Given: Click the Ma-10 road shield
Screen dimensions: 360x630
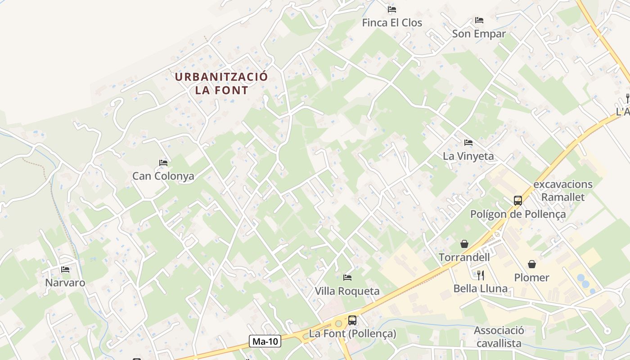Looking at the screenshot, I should click(265, 341).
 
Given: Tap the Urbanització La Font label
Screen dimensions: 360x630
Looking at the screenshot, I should click(221, 83).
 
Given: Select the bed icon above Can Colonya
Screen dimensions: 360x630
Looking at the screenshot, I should click(163, 163).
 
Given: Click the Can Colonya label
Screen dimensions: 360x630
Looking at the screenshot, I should click(163, 176).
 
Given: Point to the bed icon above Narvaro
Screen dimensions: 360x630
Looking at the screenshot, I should click(65, 270).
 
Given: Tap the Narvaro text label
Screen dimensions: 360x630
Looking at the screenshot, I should click(65, 283).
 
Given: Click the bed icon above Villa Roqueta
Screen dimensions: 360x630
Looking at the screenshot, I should click(347, 277).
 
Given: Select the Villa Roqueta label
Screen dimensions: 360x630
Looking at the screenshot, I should click(347, 291).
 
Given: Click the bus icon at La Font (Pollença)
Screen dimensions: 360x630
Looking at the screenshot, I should click(352, 320).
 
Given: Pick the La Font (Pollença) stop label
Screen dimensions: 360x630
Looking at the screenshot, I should click(352, 334).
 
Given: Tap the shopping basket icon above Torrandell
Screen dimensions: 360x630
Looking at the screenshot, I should click(464, 244).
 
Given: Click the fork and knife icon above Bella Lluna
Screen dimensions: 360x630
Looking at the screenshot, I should click(481, 275).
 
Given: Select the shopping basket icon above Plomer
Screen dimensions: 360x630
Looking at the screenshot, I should click(532, 264).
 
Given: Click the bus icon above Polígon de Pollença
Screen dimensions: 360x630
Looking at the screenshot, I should click(518, 201).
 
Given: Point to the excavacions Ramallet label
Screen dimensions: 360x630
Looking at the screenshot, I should click(563, 190).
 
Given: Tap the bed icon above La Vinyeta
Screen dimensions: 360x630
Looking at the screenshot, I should click(468, 143).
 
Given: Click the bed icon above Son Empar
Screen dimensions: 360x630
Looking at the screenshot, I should click(479, 20).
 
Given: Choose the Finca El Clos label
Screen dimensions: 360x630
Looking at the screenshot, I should click(392, 22).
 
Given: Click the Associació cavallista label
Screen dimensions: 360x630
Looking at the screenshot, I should click(499, 337).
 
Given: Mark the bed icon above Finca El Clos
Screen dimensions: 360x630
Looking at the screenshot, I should click(392, 9).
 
